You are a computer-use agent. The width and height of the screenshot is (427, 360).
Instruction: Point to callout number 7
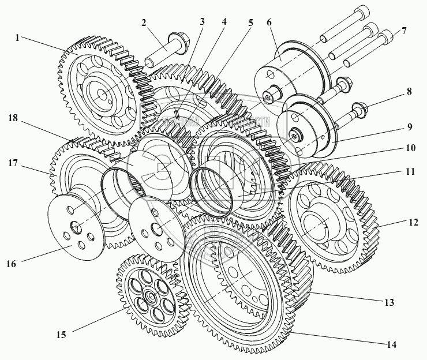pos(404,30)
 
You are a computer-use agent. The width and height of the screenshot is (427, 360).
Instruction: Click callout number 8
pos(409,91)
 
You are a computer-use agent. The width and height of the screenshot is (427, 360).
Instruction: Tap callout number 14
pos(392,345)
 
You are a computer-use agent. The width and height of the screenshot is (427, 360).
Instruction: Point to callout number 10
pos(409,148)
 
